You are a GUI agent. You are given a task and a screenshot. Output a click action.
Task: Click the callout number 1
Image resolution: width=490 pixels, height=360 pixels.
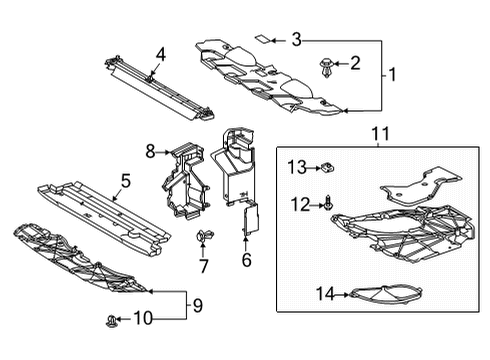pos(391,74)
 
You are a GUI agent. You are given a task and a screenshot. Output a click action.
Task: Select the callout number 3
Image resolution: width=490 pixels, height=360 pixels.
pos(296,40)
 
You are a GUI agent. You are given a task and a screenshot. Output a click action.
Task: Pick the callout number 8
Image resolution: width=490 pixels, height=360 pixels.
pos(151,152)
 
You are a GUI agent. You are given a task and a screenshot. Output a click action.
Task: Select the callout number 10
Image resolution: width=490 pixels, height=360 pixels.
pos(142,319)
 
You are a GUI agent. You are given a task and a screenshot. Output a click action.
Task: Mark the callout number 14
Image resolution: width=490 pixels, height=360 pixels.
pos(323,294)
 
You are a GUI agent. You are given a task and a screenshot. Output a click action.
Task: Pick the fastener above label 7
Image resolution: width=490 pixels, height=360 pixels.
pos(204,237)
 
